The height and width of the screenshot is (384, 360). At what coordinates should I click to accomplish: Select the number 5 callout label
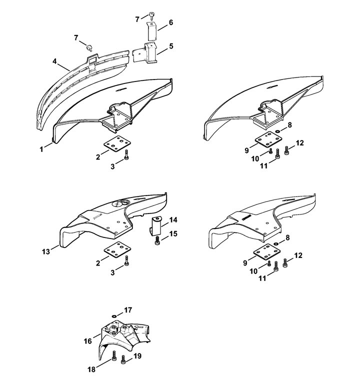171,46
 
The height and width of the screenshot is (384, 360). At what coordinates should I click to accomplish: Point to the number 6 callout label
171,22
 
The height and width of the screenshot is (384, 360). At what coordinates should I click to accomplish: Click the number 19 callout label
138,356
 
